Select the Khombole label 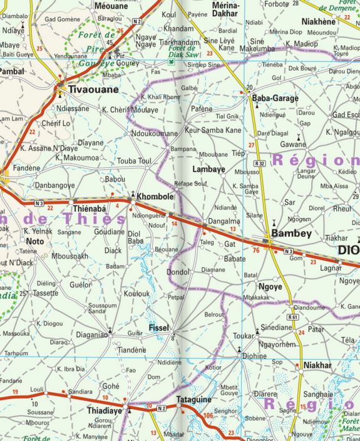155,196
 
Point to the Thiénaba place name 89,209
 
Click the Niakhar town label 317,365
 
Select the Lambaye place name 208,170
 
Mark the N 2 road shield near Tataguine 162,408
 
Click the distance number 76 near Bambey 255,251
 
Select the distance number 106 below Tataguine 208,415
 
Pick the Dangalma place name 224,221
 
